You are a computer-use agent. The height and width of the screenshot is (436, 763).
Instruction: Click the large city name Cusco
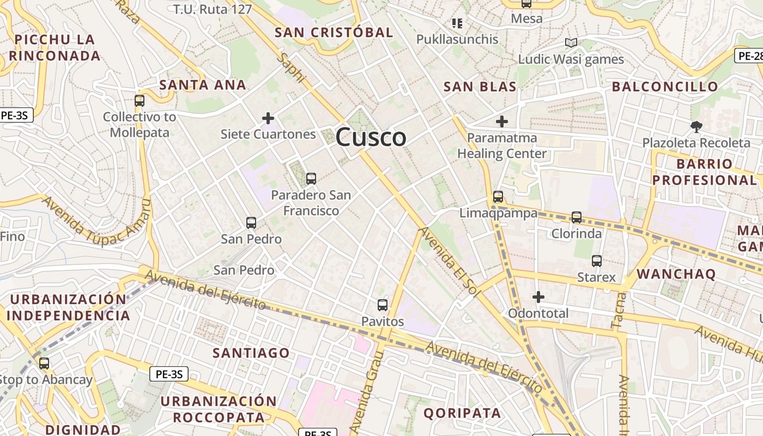coord(371,137)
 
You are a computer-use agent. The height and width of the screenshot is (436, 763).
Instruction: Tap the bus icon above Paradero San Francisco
coord(311,178)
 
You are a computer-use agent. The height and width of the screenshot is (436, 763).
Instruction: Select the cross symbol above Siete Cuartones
coord(268,118)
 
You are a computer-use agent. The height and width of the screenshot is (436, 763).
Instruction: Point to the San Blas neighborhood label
coord(480,87)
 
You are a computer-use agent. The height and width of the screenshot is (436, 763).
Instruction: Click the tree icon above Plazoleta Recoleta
coord(696,127)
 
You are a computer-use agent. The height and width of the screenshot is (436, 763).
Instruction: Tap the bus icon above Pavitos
coord(383,305)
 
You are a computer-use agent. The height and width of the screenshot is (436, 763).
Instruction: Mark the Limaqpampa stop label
coord(498,213)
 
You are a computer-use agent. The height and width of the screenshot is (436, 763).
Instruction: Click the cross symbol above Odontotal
coord(538,297)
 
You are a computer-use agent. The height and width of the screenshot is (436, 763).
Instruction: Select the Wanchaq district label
coord(676,274)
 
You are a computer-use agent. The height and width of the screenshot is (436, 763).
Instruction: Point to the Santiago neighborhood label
coord(251,353)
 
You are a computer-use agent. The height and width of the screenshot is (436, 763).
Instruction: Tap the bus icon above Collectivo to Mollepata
coord(140,101)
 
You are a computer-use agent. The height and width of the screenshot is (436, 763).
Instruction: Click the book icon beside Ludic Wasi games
coord(571,43)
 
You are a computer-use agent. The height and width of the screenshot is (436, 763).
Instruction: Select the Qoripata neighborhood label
coord(462,413)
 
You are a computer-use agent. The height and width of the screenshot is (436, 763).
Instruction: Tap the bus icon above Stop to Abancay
coord(44,364)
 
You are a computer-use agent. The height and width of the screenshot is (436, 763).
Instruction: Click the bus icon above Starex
coord(597,261)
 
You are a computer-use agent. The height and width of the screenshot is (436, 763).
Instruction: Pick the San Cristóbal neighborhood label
coord(334,33)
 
